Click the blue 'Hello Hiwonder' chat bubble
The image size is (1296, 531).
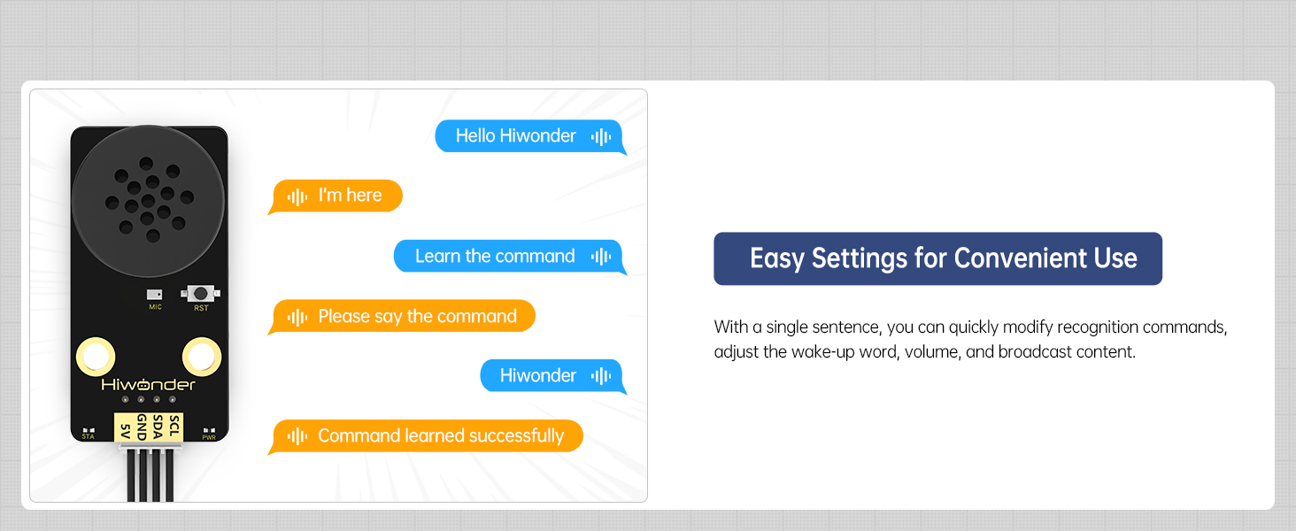[x=529, y=136]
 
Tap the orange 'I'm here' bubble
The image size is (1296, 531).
[x=337, y=196]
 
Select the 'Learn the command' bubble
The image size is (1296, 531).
[x=508, y=257]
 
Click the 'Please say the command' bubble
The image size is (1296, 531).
[x=404, y=317]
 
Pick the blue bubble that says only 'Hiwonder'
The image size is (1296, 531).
[x=551, y=376]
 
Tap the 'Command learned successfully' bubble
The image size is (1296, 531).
[x=428, y=436]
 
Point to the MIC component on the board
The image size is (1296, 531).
[x=155, y=295]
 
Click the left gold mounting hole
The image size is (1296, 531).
[x=96, y=357]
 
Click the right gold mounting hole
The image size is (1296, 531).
[x=202, y=357]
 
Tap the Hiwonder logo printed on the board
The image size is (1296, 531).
[x=148, y=385]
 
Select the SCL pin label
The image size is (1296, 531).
[x=174, y=426]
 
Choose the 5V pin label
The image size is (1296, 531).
[x=125, y=430]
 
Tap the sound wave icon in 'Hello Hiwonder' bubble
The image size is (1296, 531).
[x=601, y=136]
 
